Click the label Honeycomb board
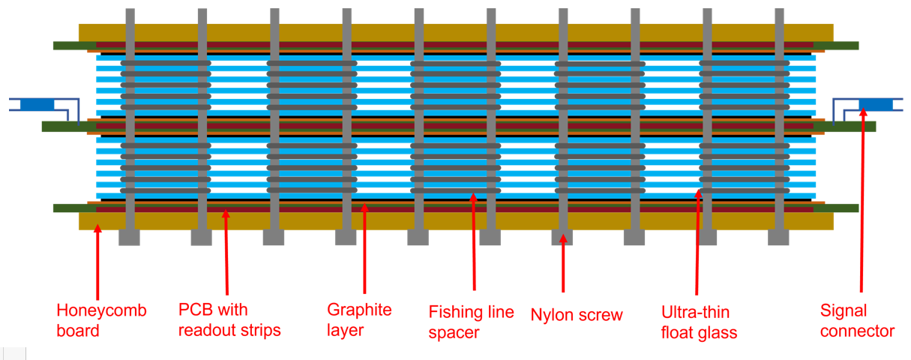tap(101, 320)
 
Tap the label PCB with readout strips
tap(229, 320)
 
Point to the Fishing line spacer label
tap(471, 322)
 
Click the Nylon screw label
tap(576, 314)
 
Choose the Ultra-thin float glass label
tap(699, 322)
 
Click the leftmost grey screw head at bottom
tap(129, 237)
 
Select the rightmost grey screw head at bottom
tap(778, 237)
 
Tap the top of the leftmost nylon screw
tap(130, 15)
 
